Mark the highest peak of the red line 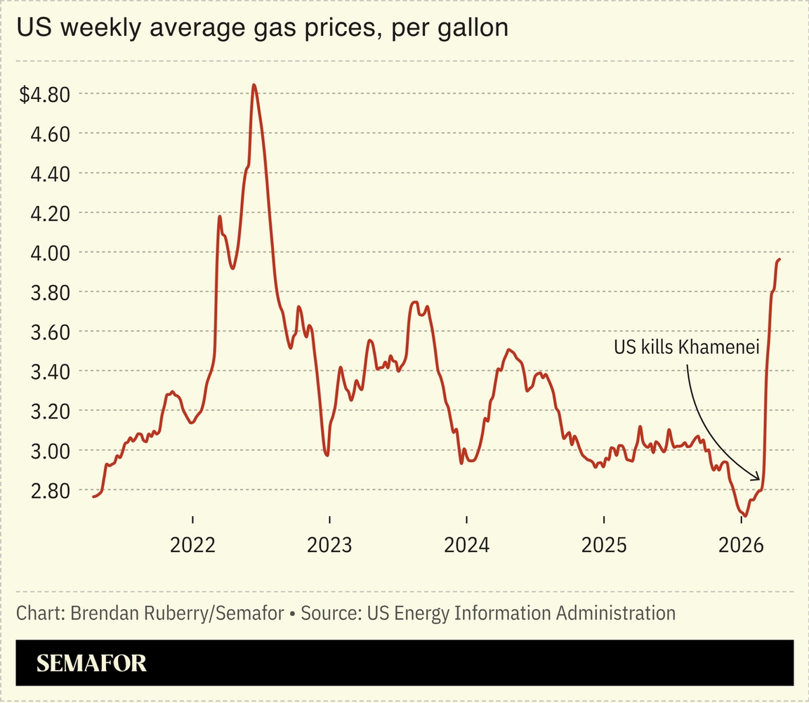tap(254, 85)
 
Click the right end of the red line tap(780, 260)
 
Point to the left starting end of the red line tap(93, 497)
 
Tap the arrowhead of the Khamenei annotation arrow tap(758, 479)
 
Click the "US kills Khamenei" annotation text tap(686, 347)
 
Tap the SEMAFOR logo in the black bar tap(91, 663)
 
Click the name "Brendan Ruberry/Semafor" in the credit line tap(178, 613)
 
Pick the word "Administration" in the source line tap(616, 613)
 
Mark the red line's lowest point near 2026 tap(744, 515)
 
